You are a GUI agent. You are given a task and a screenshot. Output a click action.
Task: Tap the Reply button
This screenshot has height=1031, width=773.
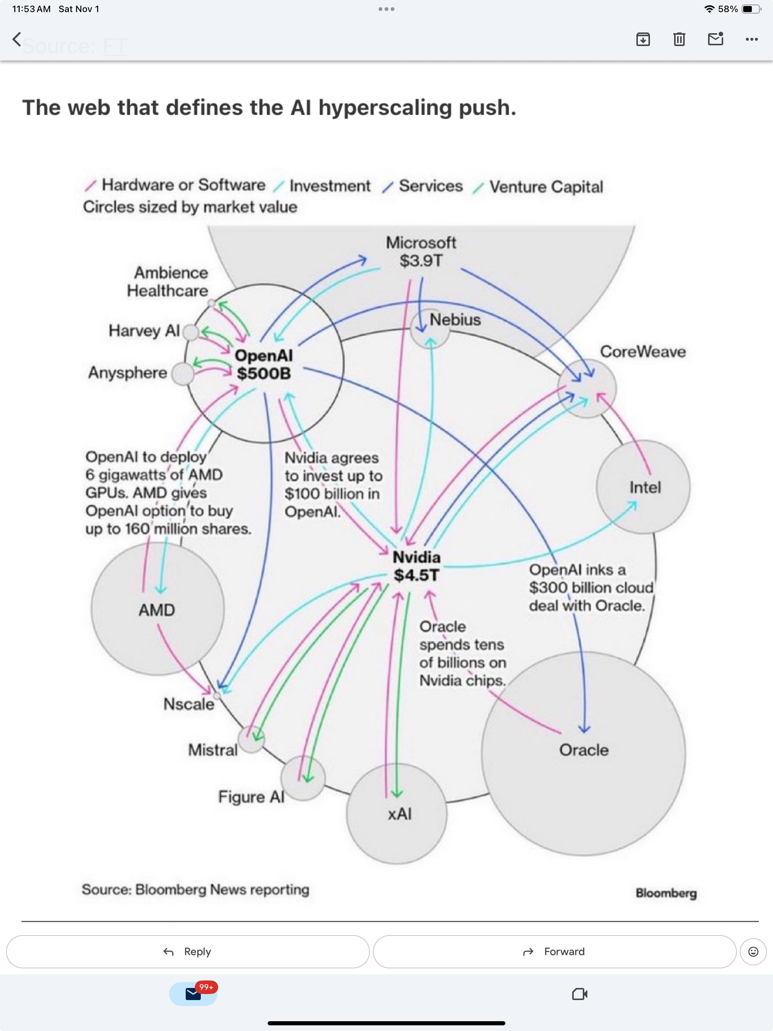click(x=188, y=951)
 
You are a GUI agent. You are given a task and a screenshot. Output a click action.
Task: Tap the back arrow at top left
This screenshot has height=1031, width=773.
click(x=17, y=39)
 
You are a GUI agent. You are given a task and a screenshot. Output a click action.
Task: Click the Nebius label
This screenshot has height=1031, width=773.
click(x=454, y=320)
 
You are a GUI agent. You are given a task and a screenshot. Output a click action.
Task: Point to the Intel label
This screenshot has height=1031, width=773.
click(x=645, y=488)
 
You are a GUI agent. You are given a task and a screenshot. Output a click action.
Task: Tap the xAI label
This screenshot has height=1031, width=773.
click(x=400, y=814)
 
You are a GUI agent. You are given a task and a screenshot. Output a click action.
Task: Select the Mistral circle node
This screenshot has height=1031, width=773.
click(x=251, y=739)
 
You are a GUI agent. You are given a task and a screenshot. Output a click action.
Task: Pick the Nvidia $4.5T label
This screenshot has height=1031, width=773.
click(x=416, y=566)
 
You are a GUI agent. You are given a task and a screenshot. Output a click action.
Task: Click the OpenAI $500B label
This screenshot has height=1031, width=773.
click(x=264, y=365)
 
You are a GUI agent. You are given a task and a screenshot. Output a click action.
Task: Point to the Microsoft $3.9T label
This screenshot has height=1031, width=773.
click(x=420, y=252)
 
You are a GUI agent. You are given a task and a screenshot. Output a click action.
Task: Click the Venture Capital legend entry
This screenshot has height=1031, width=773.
click(x=545, y=187)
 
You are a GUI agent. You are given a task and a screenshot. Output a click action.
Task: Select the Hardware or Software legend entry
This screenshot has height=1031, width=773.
click(x=183, y=185)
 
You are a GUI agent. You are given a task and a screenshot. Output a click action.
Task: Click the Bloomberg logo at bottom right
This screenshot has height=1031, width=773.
click(x=666, y=893)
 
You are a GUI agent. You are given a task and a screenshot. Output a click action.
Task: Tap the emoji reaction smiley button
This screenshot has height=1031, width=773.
click(x=753, y=951)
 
